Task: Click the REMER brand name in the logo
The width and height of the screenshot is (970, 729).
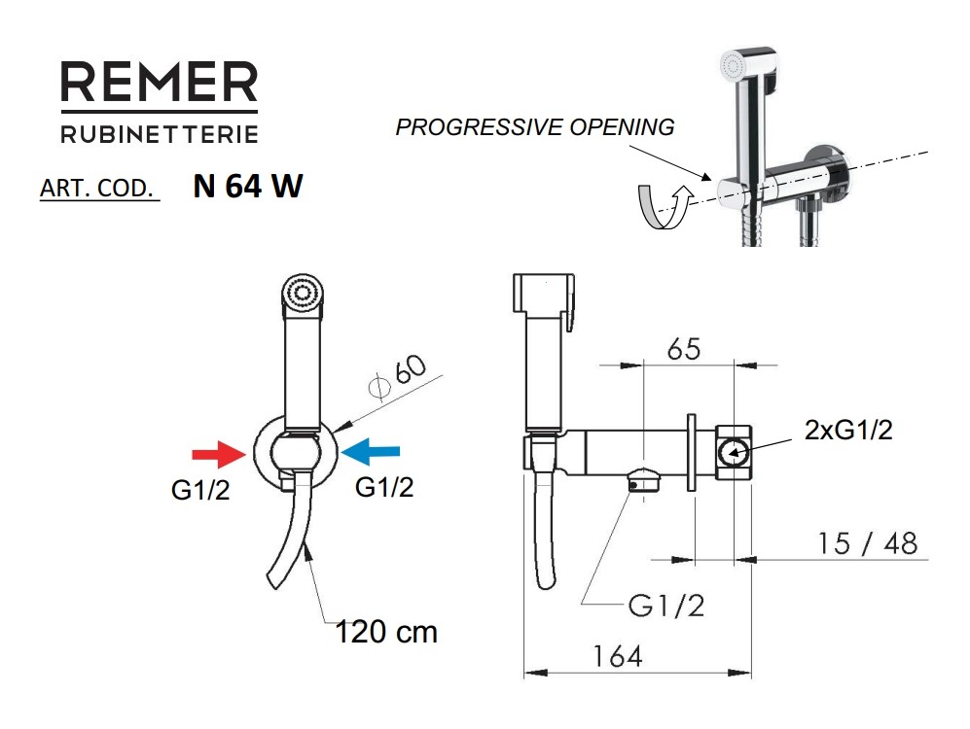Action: pos(159,83)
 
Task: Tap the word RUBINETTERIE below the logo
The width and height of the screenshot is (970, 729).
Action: pos(160,134)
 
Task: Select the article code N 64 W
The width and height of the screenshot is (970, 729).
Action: pos(248,186)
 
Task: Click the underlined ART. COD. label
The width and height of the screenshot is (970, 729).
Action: pos(97,188)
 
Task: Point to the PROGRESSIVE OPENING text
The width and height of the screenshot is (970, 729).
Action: pos(534,126)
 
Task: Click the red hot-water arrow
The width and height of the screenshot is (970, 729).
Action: pos(219,454)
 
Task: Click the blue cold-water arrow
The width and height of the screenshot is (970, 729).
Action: pos(371,452)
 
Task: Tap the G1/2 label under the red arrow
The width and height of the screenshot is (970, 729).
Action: pos(200,490)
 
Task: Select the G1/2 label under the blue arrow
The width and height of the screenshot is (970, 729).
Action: pos(384,487)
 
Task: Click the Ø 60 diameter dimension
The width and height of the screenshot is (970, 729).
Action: pos(397,377)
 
